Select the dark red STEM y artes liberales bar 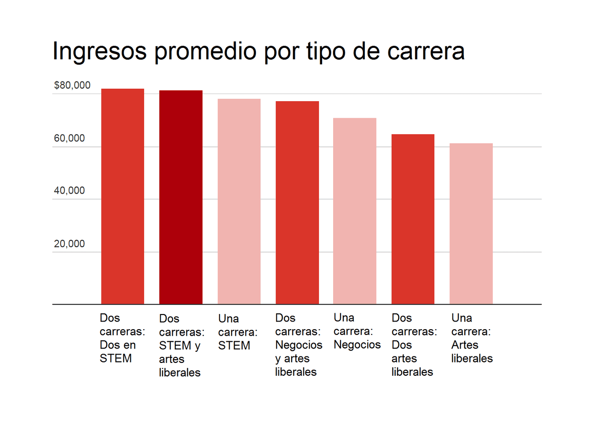181,197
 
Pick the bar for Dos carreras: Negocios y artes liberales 297,203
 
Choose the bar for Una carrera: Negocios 355,211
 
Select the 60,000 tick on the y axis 69,138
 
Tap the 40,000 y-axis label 69,191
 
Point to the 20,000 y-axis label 69,244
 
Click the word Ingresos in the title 99,51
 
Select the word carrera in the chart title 426,51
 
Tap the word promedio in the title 205,51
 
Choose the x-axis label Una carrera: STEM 237,332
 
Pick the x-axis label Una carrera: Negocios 357,331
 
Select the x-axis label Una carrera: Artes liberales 472,338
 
